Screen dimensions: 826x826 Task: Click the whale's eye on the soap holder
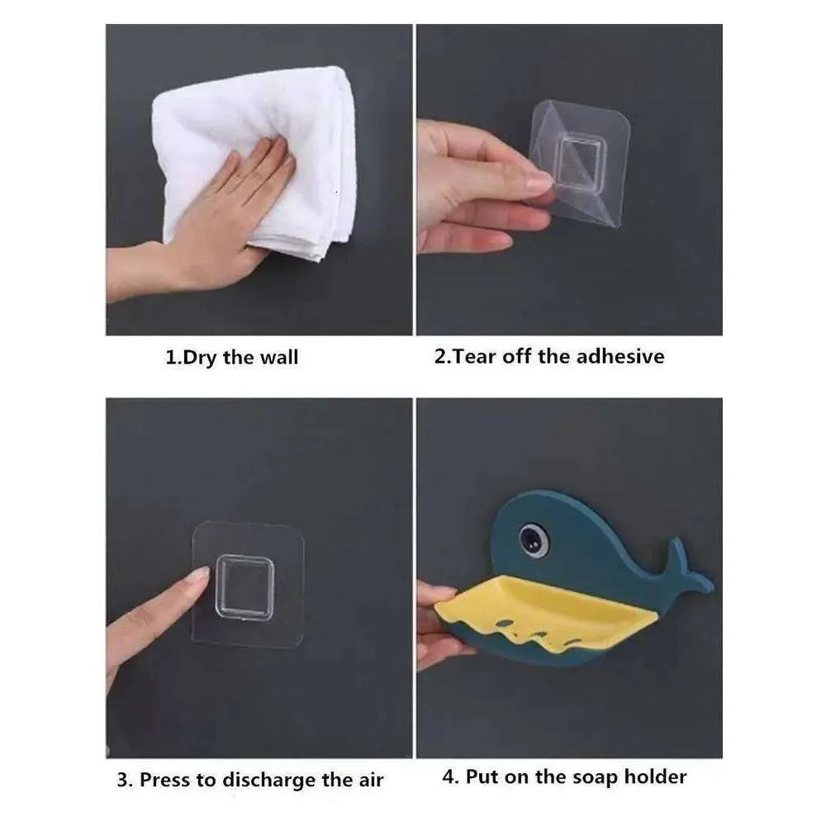533,539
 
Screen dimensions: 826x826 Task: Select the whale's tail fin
685,569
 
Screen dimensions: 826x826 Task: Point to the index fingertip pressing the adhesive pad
199,576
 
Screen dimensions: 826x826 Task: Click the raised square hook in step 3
245,587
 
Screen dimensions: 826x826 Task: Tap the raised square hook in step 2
581,162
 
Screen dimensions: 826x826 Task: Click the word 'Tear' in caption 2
473,357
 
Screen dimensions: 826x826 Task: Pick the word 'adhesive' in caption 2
620,356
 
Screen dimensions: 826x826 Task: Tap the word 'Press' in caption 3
165,780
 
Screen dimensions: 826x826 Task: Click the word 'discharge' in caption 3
270,781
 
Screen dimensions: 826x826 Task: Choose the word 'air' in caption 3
371,781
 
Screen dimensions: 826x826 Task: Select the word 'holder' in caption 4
655,776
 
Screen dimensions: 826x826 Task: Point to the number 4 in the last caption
449,777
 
